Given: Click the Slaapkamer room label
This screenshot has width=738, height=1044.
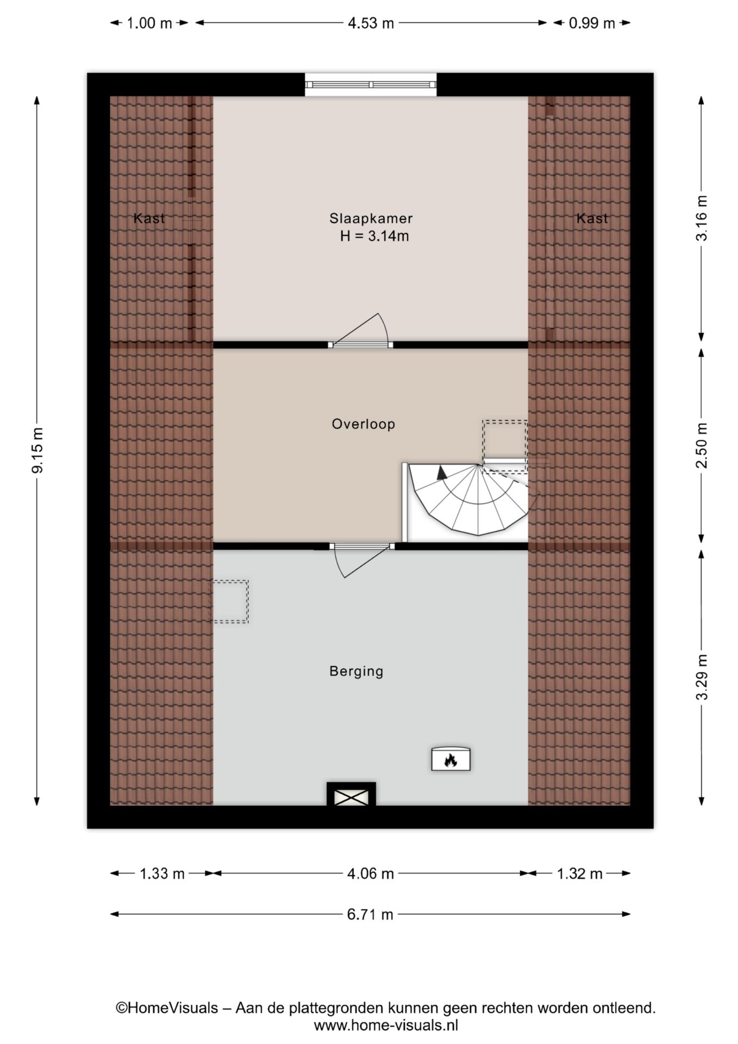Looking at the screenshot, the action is pyautogui.click(x=371, y=219).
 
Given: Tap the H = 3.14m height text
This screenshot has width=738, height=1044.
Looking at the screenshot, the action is pyautogui.click(x=374, y=237).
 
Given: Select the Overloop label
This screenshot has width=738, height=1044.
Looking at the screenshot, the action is pyautogui.click(x=363, y=424).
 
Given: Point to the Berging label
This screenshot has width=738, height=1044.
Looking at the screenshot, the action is pyautogui.click(x=357, y=672).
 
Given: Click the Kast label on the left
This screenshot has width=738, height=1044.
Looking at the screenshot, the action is pyautogui.click(x=149, y=219).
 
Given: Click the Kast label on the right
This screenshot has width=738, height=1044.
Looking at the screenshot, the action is pyautogui.click(x=592, y=219).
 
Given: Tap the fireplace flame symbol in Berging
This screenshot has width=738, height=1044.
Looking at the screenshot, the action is pyautogui.click(x=451, y=759).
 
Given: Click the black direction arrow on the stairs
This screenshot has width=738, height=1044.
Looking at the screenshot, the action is pyautogui.click(x=442, y=472).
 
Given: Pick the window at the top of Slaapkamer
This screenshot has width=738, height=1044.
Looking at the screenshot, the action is pyautogui.click(x=371, y=85).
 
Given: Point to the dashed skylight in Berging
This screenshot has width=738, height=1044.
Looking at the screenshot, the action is pyautogui.click(x=230, y=601).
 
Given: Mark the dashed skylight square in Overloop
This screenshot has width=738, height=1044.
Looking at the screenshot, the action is pyautogui.click(x=505, y=440).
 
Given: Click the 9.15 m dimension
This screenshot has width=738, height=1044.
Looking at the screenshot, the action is pyautogui.click(x=37, y=450).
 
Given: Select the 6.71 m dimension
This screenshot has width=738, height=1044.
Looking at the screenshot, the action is pyautogui.click(x=370, y=915).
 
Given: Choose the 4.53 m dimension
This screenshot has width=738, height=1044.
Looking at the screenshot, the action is pyautogui.click(x=371, y=23).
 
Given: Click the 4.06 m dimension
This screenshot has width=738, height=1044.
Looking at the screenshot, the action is pyautogui.click(x=371, y=873).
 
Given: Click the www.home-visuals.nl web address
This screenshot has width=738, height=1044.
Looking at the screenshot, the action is pyautogui.click(x=386, y=1026).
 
